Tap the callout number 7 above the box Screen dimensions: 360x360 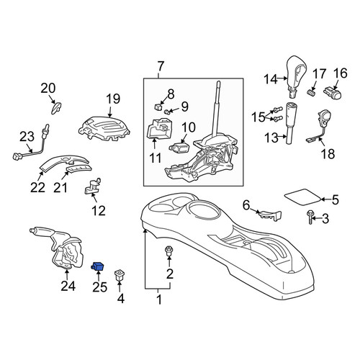pyautogui.click(x=161, y=66)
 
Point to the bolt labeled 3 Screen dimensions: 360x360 pyautogui.click(x=310, y=217)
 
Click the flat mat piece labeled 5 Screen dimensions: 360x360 pyautogui.click(x=302, y=197)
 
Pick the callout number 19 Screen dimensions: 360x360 pyautogui.click(x=113, y=99)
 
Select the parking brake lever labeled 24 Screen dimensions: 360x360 pyautogui.click(x=58, y=248)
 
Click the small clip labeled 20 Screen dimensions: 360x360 pyautogui.click(x=56, y=108)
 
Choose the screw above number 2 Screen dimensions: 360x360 pyautogui.click(x=169, y=251)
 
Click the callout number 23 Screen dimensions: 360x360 pyautogui.click(x=27, y=137)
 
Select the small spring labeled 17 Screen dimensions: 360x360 pyautogui.click(x=311, y=92)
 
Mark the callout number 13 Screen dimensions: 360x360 pyautogui.click(x=271, y=138)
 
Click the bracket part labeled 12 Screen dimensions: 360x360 pyautogui.click(x=93, y=186)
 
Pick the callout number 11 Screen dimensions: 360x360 pyautogui.click(x=156, y=158)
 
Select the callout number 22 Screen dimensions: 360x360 pyautogui.click(x=37, y=187)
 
